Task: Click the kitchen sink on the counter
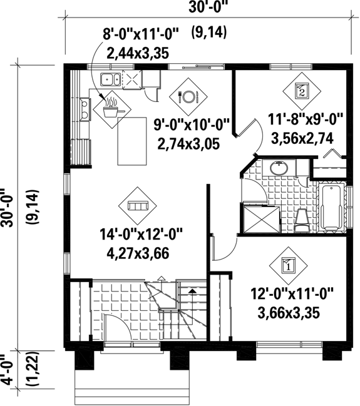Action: coord(111,79)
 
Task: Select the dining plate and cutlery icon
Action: coord(188,96)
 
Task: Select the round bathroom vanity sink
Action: coord(279,168)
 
